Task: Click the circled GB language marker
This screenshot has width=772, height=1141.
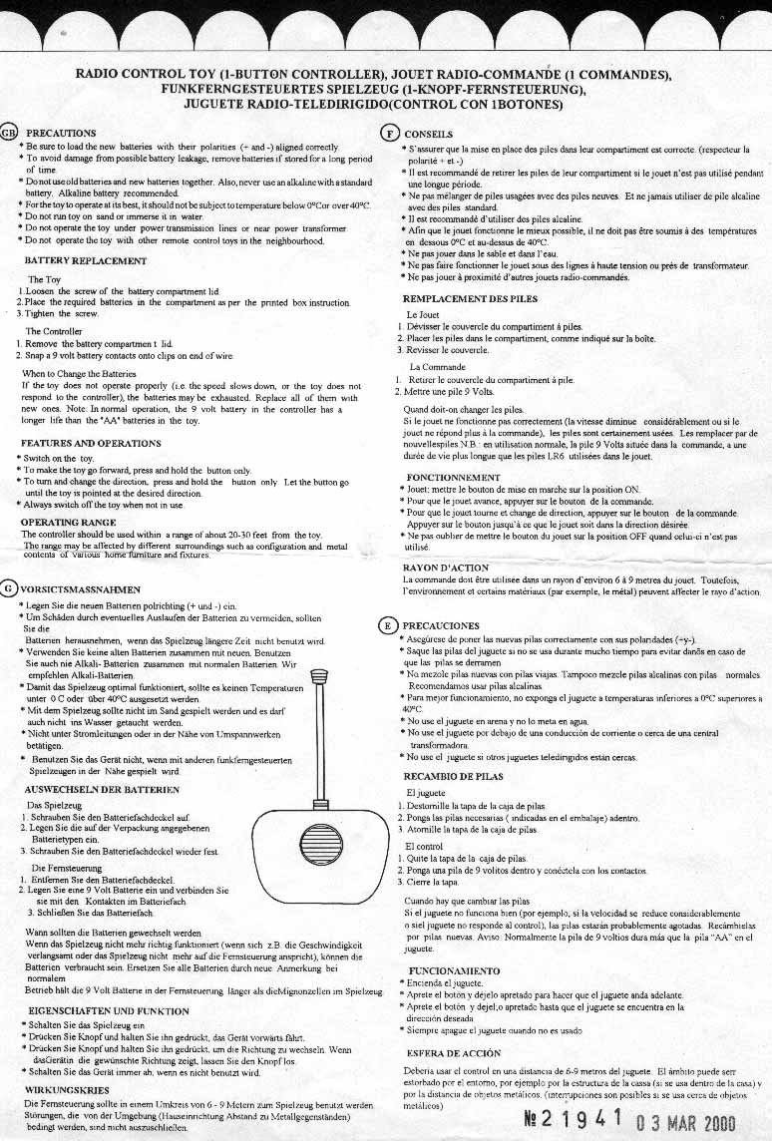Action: [x=9, y=132]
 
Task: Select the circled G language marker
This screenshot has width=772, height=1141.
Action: [x=9, y=587]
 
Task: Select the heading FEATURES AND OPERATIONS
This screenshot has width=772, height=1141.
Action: [x=92, y=443]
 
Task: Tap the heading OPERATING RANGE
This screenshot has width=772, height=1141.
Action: [x=67, y=522]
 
